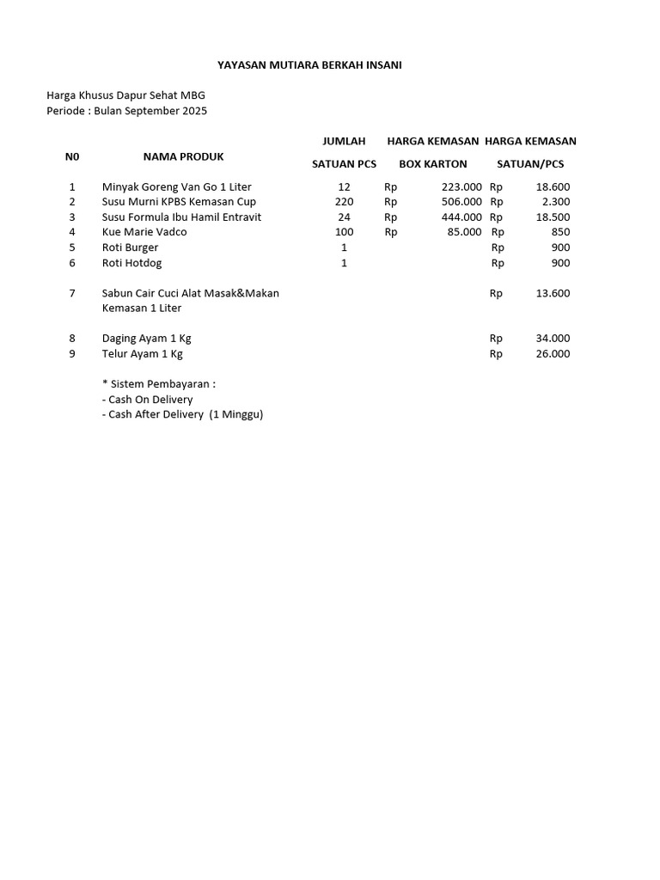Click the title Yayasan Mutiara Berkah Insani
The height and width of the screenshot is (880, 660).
tap(309, 64)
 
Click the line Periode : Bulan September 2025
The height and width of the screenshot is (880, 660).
tap(126, 111)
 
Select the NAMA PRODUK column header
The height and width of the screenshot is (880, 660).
tap(183, 156)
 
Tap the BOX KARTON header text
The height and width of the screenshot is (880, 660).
tap(433, 163)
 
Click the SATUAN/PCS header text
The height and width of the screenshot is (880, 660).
tap(530, 163)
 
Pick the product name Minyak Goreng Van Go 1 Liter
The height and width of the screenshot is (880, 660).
tap(176, 186)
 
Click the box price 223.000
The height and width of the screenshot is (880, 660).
tap(461, 186)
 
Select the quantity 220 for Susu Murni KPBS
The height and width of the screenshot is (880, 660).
tap(344, 202)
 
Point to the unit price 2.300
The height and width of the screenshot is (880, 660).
tap(555, 202)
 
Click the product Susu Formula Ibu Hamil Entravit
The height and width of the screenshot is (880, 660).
tap(181, 217)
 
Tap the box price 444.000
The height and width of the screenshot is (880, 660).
tap(461, 217)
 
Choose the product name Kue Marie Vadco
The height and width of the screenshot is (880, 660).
tap(144, 232)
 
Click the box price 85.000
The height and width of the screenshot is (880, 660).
tap(464, 232)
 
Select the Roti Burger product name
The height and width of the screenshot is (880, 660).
tap(130, 247)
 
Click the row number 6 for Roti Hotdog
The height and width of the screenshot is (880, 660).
tap(72, 263)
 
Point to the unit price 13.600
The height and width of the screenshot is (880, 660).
tap(553, 293)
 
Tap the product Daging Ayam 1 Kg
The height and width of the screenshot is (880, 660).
tap(146, 339)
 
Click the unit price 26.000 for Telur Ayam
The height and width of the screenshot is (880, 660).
tap(553, 353)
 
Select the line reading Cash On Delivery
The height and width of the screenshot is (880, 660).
tap(147, 400)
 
